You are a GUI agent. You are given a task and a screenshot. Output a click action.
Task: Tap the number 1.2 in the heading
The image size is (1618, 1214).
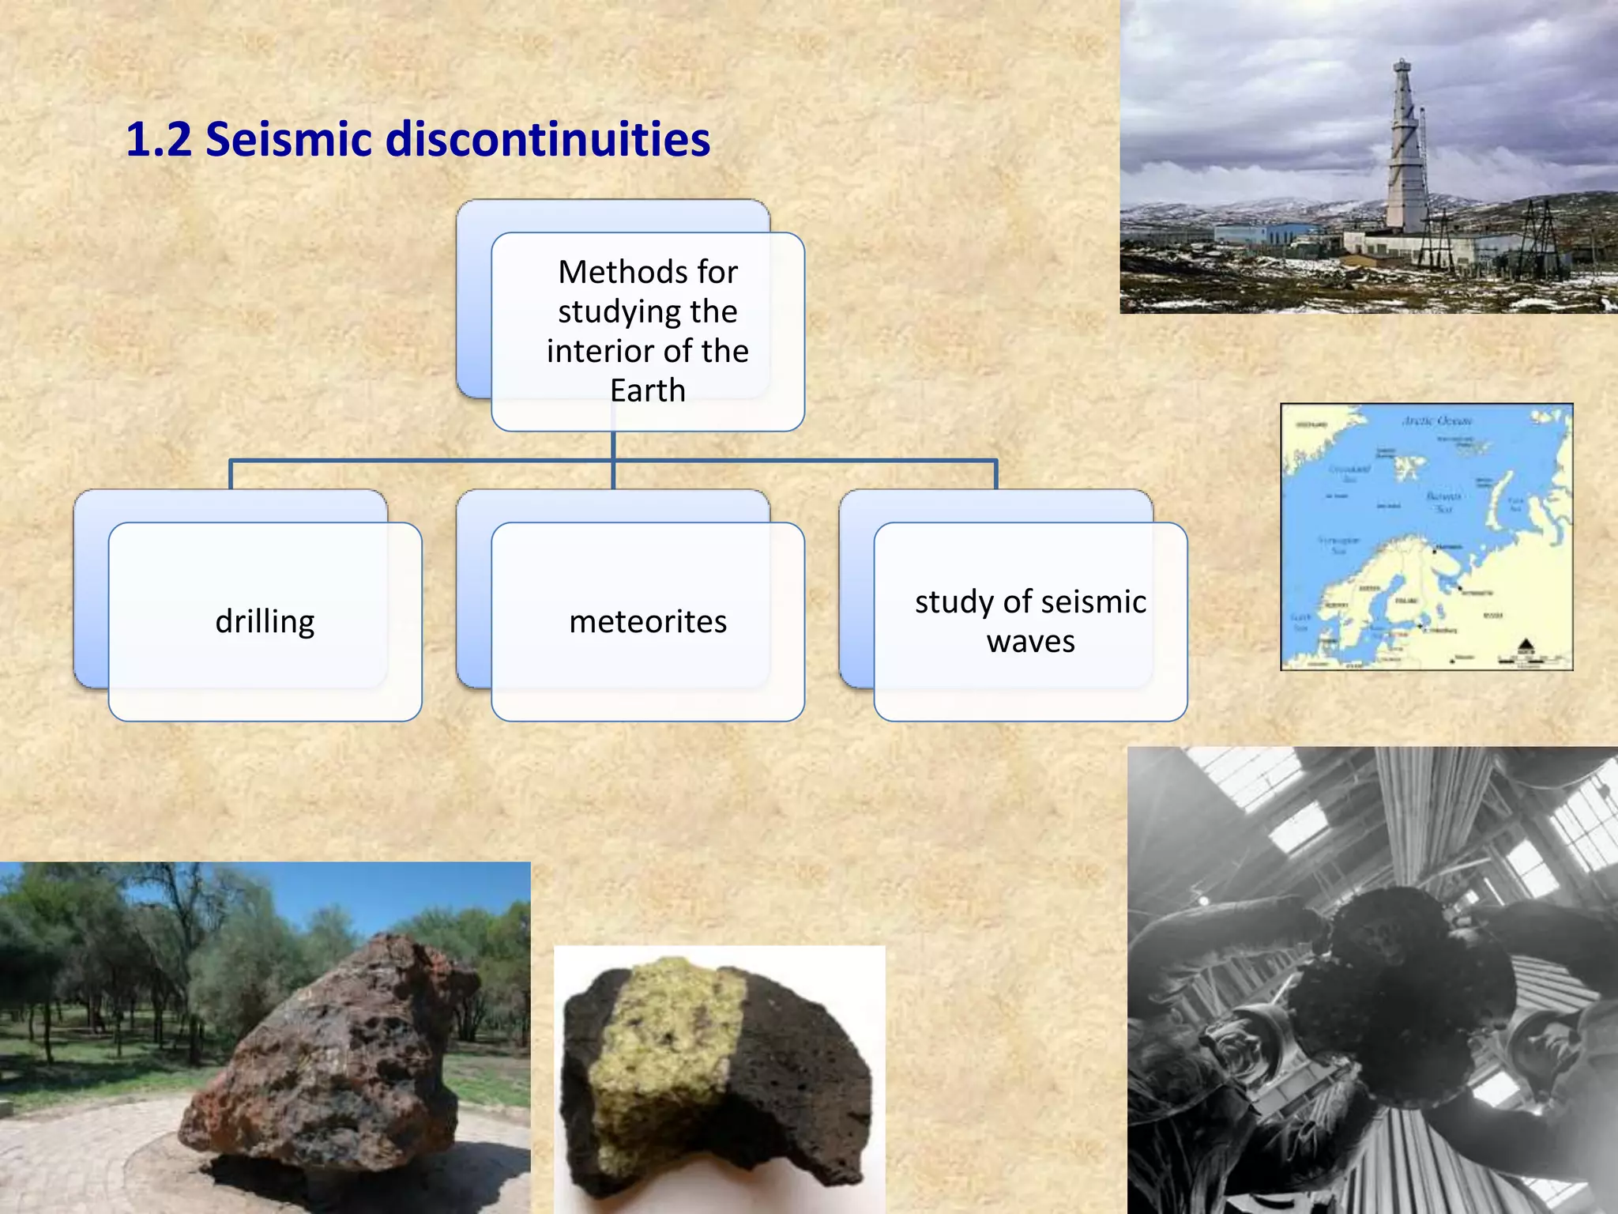pyautogui.click(x=159, y=140)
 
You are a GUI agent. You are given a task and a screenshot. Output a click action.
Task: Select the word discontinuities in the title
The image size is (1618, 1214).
pyautogui.click(x=547, y=140)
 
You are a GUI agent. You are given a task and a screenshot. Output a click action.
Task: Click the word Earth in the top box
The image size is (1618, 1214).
pyautogui.click(x=648, y=390)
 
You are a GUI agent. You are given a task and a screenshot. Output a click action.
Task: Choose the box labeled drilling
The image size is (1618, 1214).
pyautogui.click(x=265, y=621)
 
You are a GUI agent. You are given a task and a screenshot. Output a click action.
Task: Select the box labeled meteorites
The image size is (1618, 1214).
pyautogui.click(x=648, y=621)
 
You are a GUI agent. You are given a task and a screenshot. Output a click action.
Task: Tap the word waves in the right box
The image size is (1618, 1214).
pyautogui.click(x=1030, y=642)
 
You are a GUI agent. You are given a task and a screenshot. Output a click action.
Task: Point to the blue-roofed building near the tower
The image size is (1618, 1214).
pyautogui.click(x=1264, y=232)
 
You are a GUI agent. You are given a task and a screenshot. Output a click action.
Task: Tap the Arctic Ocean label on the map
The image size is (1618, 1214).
pyautogui.click(x=1437, y=420)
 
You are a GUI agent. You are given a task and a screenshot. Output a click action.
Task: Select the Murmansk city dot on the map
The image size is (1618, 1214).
pyautogui.click(x=1435, y=551)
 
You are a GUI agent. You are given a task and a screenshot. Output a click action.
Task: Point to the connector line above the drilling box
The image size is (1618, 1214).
pyautogui.click(x=231, y=474)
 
